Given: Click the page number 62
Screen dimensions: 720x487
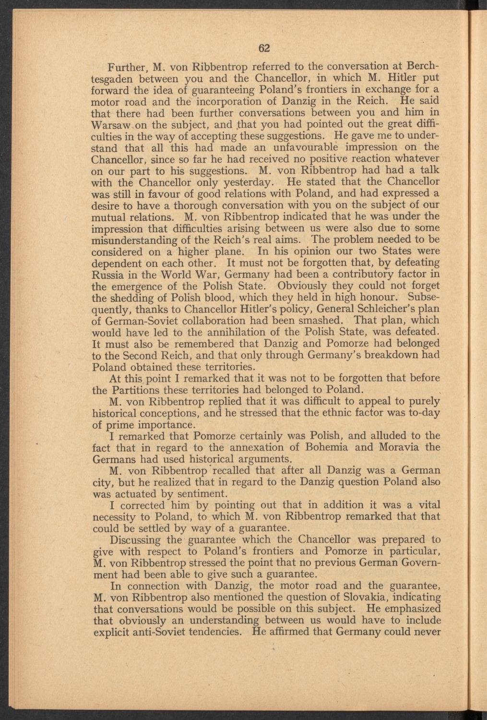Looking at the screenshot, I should [265, 48].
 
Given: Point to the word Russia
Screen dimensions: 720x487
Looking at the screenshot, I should [108, 275].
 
